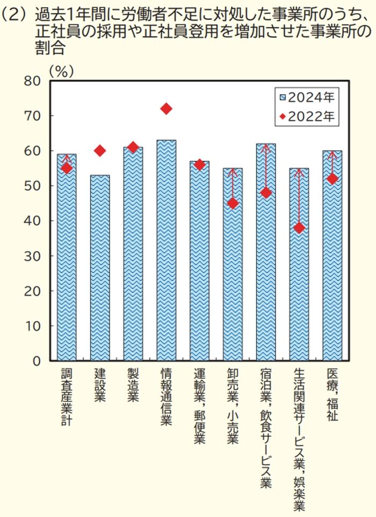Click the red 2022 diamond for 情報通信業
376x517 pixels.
click(x=166, y=109)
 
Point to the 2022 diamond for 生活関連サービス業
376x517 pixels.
click(x=299, y=228)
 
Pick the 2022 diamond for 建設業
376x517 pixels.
click(x=100, y=151)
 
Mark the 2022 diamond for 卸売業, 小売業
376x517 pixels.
click(x=233, y=203)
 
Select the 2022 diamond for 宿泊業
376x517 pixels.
click(x=266, y=193)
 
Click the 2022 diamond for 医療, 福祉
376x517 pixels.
click(x=332, y=179)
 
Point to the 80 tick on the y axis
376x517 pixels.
click(x=32, y=81)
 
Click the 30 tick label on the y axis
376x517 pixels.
click(x=32, y=256)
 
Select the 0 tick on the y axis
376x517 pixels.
click(x=37, y=361)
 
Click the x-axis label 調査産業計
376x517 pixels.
click(x=67, y=397)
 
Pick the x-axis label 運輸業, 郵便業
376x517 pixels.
click(x=199, y=406)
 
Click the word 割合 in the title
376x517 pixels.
click(x=48, y=49)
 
